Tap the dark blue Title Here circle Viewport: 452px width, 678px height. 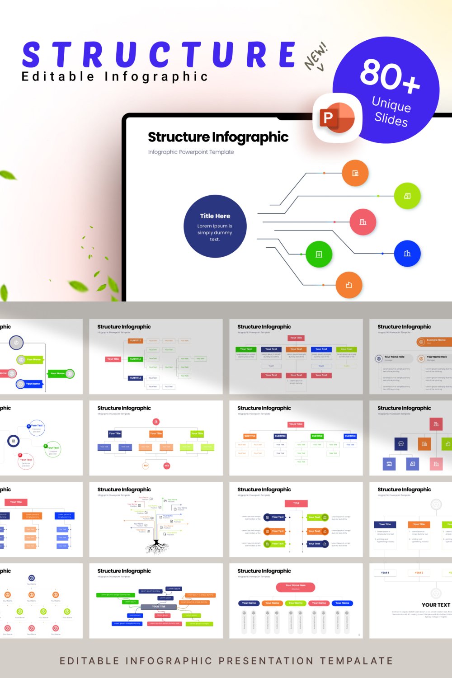(x=215, y=226)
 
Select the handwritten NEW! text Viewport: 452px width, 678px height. (x=316, y=56)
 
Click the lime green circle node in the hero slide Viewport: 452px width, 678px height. (x=407, y=196)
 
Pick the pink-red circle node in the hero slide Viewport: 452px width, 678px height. (x=363, y=222)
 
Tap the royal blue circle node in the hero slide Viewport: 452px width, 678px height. (x=407, y=254)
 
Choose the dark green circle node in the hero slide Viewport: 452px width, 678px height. (x=319, y=254)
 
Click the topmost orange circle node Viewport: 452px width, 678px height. (x=355, y=173)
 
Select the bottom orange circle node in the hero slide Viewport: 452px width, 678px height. (x=349, y=285)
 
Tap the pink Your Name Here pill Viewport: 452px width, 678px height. (x=296, y=587)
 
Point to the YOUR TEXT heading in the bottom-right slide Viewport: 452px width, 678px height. (x=436, y=605)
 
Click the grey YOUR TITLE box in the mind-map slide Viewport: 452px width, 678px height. (x=155, y=607)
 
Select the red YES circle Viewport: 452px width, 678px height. (x=167, y=466)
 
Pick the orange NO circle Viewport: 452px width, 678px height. (x=146, y=466)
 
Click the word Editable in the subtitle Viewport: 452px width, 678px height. (x=58, y=76)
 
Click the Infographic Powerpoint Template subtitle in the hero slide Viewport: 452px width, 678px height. (x=191, y=152)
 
